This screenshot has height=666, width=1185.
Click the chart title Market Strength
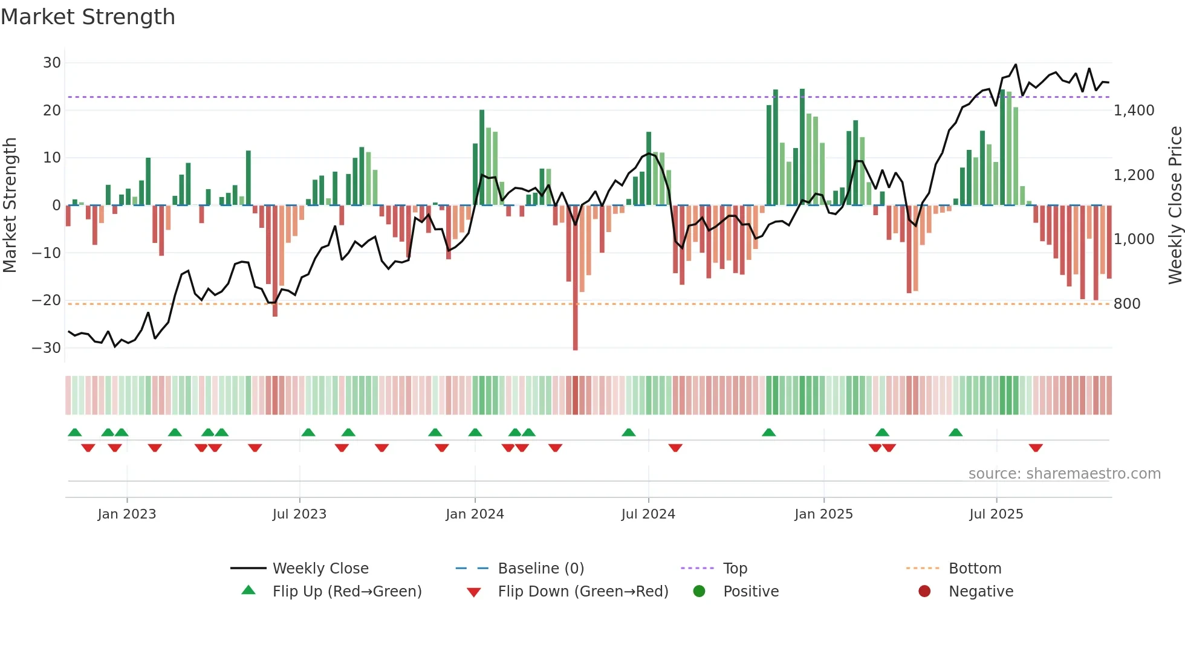coord(88,17)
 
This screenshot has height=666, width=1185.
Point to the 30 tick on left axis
coord(52,63)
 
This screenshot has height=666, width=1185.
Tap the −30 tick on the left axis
coord(47,348)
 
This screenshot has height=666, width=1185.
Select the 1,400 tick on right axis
coord(1134,111)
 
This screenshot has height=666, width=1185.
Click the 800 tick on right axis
coord(1127,304)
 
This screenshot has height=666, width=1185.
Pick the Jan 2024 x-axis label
coord(475,514)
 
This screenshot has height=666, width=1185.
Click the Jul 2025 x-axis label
coord(996,514)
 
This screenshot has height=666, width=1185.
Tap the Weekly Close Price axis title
coord(1175,205)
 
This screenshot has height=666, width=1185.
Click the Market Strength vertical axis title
coord(10,205)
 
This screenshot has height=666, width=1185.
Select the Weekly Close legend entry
coord(320,569)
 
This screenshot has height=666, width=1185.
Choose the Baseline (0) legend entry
coord(541,569)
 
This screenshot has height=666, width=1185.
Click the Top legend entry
coord(735,569)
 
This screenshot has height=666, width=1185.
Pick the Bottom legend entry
coord(975,569)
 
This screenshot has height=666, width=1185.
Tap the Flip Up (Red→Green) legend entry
coord(346,592)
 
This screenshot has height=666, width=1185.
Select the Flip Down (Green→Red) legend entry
coord(583,592)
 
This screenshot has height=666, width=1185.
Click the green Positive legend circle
coord(700,592)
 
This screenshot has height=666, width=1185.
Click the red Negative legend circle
coord(924,592)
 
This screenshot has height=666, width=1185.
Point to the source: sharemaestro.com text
coord(1064,474)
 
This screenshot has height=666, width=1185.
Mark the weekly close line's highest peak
coord(1016,65)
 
